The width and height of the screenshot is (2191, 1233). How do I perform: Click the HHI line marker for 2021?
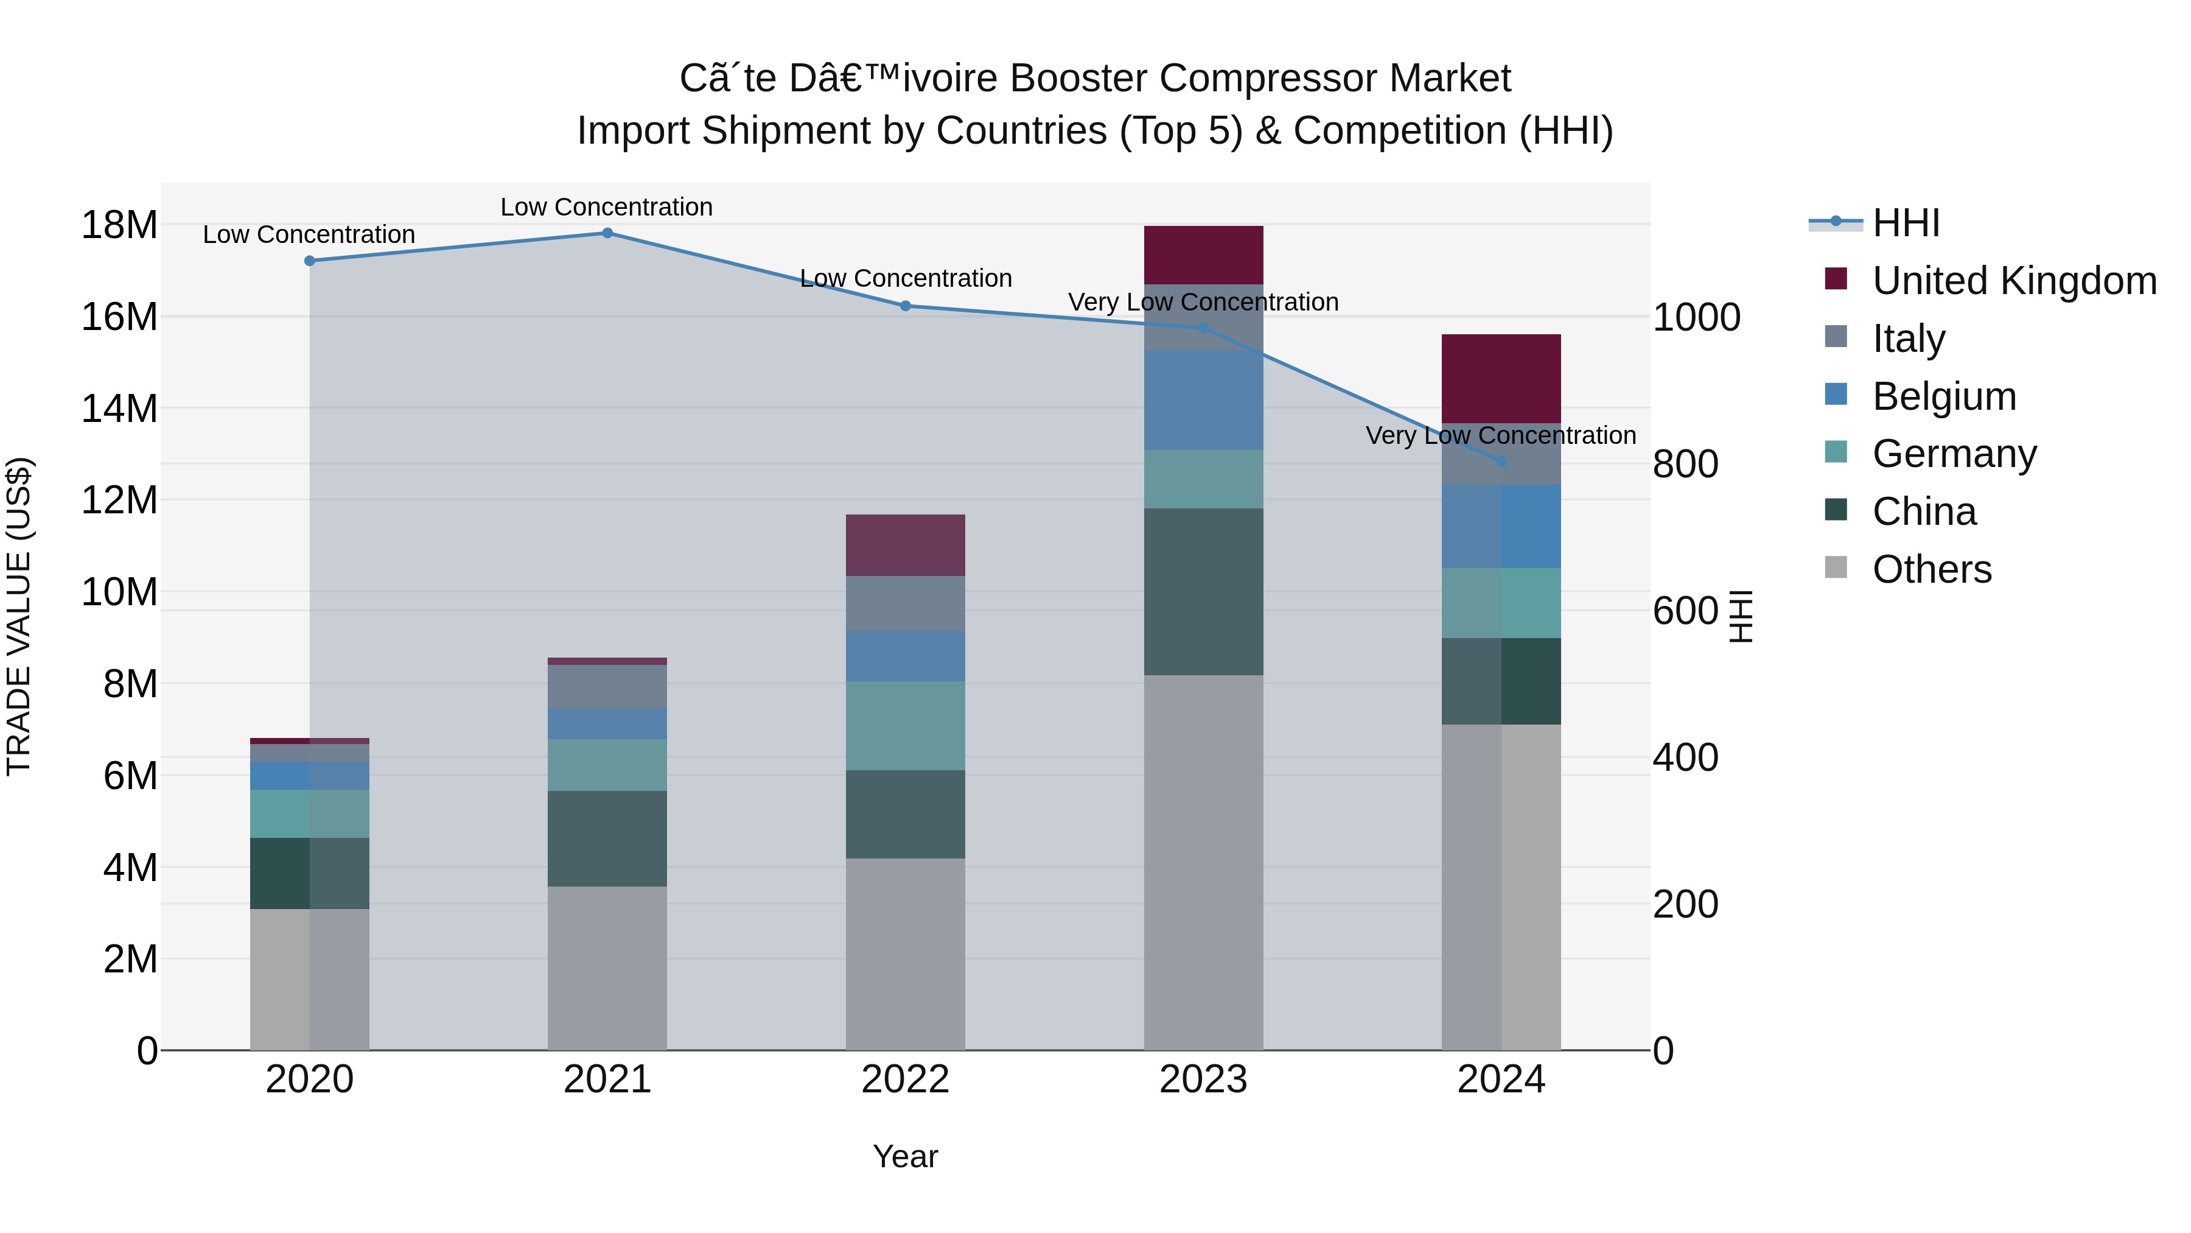tap(607, 233)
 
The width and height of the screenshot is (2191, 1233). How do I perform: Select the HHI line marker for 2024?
tap(1501, 461)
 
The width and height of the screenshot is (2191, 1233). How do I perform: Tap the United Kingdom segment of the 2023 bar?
tap(1203, 255)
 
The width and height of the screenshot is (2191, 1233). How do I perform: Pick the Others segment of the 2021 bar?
tap(607, 968)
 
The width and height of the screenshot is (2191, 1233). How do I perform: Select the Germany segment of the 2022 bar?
tap(905, 725)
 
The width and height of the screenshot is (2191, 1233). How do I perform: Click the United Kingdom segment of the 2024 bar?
tap(1501, 379)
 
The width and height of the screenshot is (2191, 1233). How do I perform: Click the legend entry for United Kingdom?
tap(2013, 280)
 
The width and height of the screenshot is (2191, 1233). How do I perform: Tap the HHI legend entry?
tap(1905, 223)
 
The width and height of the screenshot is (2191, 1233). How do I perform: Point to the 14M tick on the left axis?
tap(119, 409)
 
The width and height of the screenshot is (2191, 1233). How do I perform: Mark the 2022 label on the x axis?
tap(905, 1079)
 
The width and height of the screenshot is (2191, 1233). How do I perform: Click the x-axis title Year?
tap(905, 1156)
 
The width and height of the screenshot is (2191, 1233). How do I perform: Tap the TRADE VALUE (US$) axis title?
tap(19, 616)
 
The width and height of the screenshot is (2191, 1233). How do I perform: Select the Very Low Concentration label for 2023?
tap(1203, 302)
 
